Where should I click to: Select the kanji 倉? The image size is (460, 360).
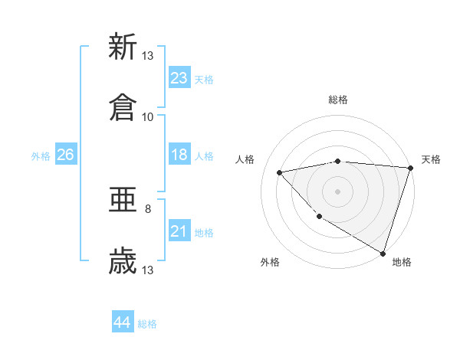(x=123, y=108)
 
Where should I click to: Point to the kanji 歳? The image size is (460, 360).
(x=123, y=262)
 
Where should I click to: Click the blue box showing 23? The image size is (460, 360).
(x=179, y=77)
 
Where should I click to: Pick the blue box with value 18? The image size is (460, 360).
(x=179, y=155)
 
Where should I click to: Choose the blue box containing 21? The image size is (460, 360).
(x=179, y=231)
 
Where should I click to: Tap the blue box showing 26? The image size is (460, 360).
(x=65, y=155)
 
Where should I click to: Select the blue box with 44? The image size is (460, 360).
(x=123, y=322)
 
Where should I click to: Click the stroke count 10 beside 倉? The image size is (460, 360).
(x=148, y=116)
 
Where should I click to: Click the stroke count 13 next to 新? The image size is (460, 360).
(x=148, y=55)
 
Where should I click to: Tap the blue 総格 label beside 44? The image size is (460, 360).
(x=147, y=324)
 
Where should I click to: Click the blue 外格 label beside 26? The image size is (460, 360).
(x=41, y=156)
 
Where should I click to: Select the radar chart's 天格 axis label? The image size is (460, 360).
(x=431, y=159)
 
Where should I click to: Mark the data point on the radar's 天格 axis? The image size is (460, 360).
(x=411, y=168)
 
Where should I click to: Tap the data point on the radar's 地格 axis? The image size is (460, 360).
(x=383, y=252)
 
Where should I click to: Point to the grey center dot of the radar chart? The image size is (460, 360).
(x=337, y=191)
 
